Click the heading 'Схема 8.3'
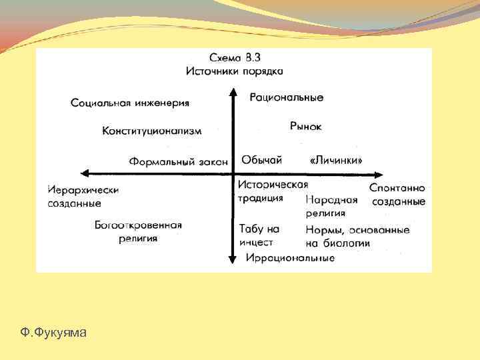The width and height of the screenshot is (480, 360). click(x=235, y=57)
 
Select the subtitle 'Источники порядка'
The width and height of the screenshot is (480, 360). click(x=235, y=70)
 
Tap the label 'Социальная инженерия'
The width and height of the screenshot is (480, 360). click(x=130, y=103)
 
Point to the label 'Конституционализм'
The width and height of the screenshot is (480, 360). click(x=152, y=131)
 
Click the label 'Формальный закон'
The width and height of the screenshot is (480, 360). click(x=179, y=161)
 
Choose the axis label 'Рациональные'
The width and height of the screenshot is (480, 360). click(x=287, y=97)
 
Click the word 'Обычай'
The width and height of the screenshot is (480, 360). click(x=261, y=160)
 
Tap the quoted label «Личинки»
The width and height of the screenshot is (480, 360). click(x=337, y=161)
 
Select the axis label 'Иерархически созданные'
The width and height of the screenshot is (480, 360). click(x=83, y=196)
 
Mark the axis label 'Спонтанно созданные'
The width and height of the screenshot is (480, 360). click(x=397, y=195)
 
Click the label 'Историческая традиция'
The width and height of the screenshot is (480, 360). click(x=272, y=191)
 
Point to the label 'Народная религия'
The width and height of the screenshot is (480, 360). click(x=331, y=206)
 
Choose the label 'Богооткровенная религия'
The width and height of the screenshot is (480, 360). click(x=138, y=231)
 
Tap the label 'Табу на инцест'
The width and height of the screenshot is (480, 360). click(x=259, y=235)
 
